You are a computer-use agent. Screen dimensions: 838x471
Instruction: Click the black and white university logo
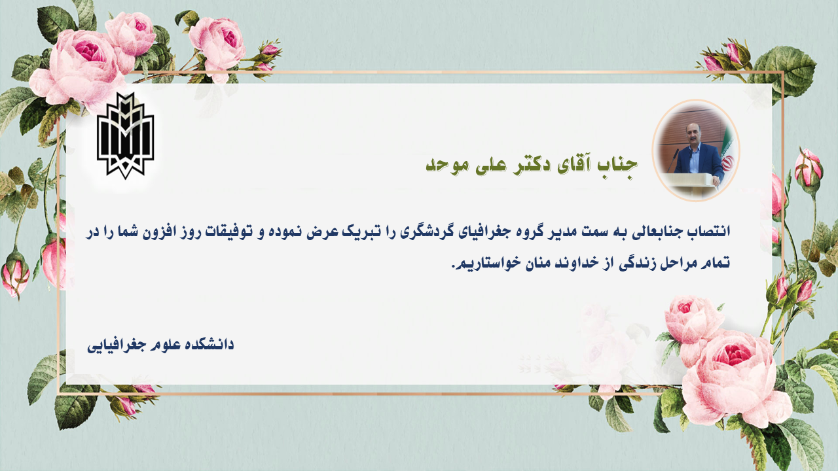(x=125, y=135)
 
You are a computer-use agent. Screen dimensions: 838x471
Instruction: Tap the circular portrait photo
(x=695, y=150)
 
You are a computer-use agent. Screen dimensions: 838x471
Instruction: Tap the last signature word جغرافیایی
(x=118, y=346)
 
